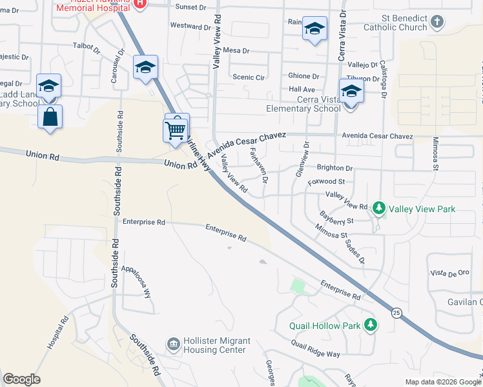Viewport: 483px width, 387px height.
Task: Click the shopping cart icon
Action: pos(176,131)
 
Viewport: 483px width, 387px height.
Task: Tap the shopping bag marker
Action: pos(50,117)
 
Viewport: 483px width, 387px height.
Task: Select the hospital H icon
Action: pos(141,3)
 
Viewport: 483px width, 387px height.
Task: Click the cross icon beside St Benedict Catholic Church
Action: pos(437,23)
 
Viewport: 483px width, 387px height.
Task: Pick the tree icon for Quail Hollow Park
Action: pos(370,324)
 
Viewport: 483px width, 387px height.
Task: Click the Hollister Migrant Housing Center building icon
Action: pos(173,343)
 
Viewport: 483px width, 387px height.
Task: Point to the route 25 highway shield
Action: pos(396,313)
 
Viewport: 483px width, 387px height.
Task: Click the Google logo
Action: pos(21,379)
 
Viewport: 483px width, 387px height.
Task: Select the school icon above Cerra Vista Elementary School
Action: pos(351,91)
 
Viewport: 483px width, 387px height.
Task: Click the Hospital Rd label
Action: pos(57,333)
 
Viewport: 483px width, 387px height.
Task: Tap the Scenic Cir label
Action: pos(249,77)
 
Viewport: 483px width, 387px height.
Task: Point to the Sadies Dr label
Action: pos(355,252)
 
